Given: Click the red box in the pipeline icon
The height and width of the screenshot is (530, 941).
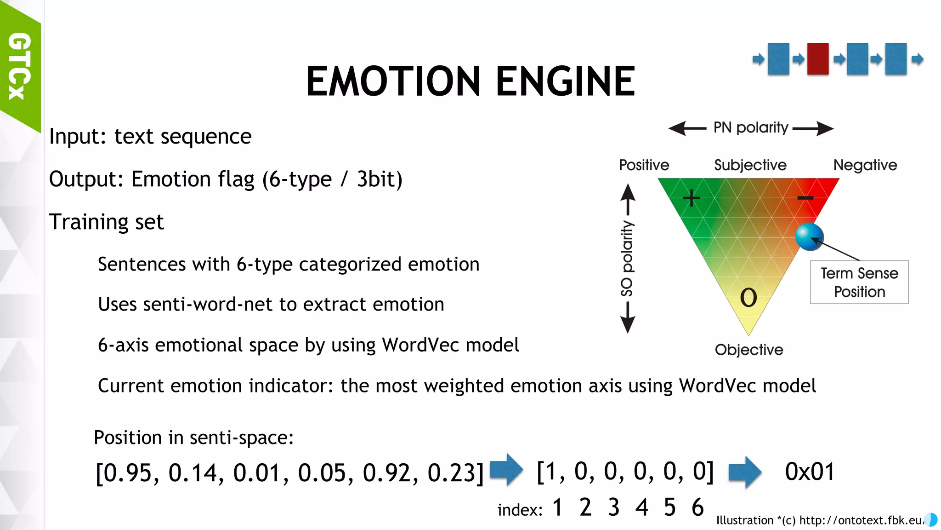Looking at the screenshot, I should [x=818, y=59].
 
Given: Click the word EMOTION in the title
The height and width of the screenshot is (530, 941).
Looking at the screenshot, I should [x=393, y=81].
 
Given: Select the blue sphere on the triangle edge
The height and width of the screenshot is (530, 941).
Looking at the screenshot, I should [x=809, y=236].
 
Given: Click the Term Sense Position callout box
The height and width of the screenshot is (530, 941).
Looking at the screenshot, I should [x=859, y=282].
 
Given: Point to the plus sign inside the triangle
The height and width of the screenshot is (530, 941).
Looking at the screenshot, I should [x=691, y=198].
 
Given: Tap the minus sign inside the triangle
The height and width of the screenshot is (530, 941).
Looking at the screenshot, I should [x=805, y=198].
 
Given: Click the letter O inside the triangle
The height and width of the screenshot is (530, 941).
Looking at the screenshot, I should [x=748, y=298].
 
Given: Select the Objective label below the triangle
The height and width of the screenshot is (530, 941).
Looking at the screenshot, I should [x=749, y=350].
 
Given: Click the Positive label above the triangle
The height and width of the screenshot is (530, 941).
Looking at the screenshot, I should [x=644, y=165].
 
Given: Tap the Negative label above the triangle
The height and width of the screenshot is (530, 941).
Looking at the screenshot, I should [x=865, y=165].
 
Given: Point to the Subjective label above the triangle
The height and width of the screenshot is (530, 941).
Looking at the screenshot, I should [x=750, y=165].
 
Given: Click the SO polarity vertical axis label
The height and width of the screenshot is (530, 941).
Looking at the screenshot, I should [x=627, y=259].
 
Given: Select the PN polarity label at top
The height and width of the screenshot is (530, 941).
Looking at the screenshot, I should [x=751, y=127].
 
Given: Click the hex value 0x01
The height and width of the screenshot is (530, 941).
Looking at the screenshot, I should [x=810, y=472].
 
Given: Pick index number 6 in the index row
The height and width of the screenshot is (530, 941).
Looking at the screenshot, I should [x=697, y=507].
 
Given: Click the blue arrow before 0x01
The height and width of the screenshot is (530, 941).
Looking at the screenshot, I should [x=745, y=472].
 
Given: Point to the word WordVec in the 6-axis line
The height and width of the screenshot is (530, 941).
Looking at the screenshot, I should [x=416, y=345].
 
